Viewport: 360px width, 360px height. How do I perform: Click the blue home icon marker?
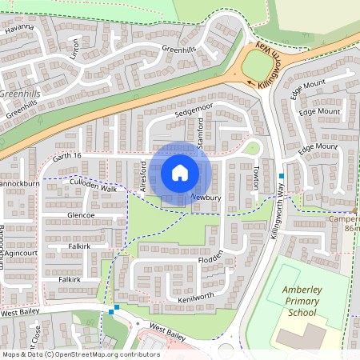(x=180, y=173)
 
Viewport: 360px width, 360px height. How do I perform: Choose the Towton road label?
(x=255, y=178)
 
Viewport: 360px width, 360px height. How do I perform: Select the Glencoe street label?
(x=82, y=215)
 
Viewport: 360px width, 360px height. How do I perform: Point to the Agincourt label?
(x=21, y=253)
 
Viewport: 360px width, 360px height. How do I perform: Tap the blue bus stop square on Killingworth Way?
(x=282, y=175)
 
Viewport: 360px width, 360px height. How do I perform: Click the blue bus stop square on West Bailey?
(x=117, y=307)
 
